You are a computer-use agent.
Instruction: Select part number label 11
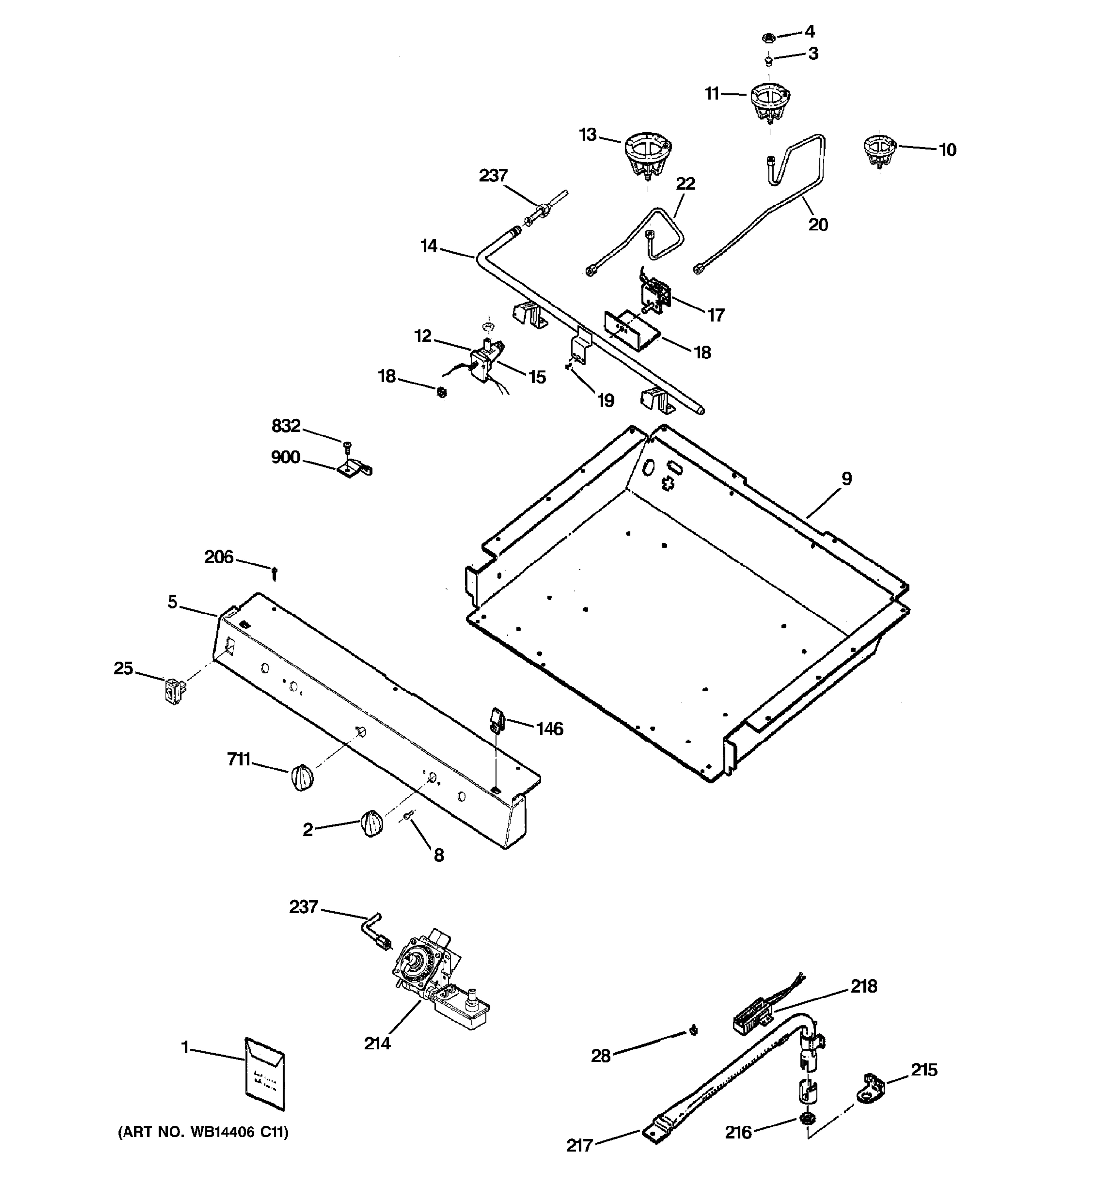712,94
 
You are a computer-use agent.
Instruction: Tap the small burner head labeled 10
879,151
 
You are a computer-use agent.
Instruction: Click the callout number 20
818,225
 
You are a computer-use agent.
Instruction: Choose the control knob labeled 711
302,777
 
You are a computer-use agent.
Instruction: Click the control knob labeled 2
371,824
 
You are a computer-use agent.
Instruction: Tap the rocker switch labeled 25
173,691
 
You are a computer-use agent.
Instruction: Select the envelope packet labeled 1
265,1074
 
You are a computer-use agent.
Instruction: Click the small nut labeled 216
805,1118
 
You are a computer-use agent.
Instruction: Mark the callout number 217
579,1146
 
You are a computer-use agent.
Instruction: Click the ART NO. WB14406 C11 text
203,1132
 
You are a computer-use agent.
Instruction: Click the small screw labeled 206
275,572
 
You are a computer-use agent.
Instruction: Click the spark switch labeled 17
655,294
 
